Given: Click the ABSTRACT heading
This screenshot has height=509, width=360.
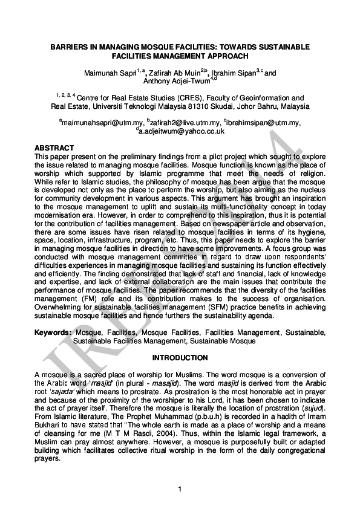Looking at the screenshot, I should click(54, 148).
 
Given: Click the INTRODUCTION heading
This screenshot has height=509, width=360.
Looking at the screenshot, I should click(180, 358).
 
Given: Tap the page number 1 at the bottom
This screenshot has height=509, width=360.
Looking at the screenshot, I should click(180, 488).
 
